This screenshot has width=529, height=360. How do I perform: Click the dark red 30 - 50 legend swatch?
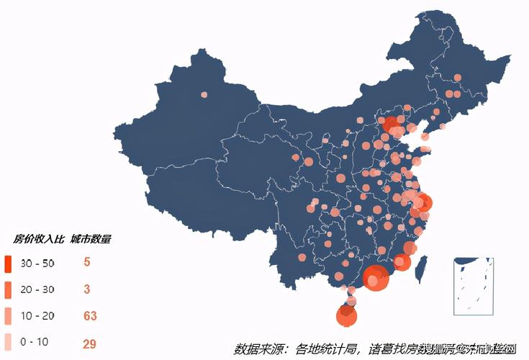click(8, 264)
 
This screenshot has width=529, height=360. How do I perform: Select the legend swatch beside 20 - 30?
click(8, 289)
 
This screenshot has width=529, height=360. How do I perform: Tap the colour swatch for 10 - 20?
click(8, 316)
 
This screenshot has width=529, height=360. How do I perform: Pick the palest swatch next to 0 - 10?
click(8, 342)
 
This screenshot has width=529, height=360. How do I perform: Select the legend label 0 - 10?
click(35, 342)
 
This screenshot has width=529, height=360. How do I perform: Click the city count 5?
click(86, 262)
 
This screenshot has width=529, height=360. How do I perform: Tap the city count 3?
click(86, 289)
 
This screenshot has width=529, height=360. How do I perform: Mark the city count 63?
click(90, 316)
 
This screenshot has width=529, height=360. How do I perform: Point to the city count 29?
click(90, 343)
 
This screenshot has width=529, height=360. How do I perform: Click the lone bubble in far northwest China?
click(204, 94)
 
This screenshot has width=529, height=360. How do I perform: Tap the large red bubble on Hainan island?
click(347, 315)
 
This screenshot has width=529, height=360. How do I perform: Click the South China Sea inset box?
click(474, 286)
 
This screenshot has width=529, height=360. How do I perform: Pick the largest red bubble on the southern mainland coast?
click(375, 276)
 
